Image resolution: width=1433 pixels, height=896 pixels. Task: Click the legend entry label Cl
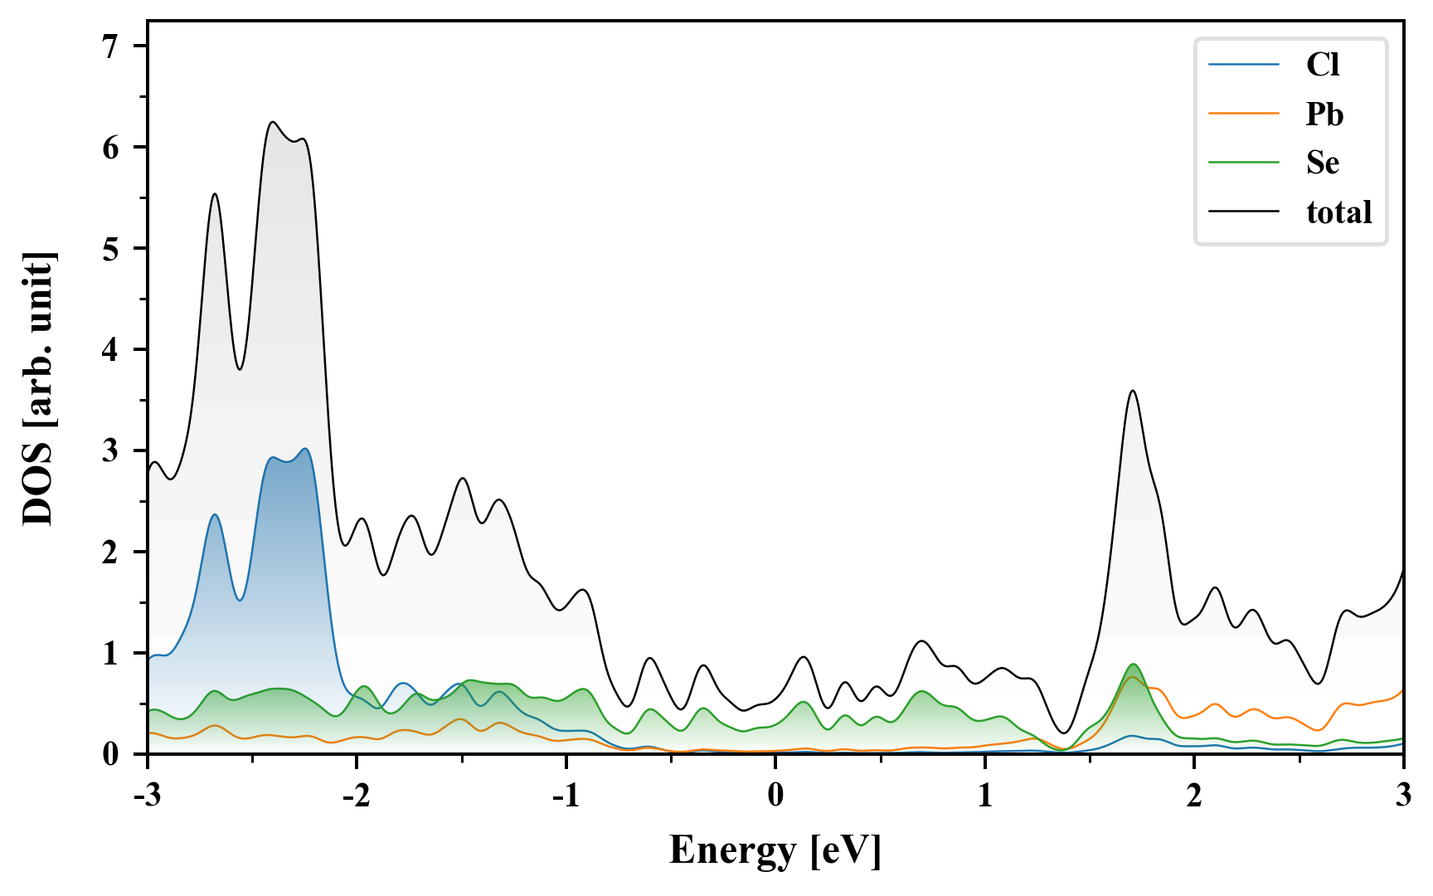point(1322,65)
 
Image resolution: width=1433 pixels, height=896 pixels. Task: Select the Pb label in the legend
point(1324,114)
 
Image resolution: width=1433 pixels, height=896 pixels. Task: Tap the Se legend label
point(1322,163)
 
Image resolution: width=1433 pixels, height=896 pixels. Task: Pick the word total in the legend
point(1338,212)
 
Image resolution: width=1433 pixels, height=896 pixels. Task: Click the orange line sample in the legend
point(1243,114)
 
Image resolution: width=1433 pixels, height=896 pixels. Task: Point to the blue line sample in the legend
point(1243,65)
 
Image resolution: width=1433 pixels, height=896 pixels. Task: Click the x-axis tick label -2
point(356,796)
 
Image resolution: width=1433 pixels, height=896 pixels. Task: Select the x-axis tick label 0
point(775,796)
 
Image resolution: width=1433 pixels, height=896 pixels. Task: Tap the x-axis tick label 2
point(1193,796)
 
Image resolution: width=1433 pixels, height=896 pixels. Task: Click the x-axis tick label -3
point(147,796)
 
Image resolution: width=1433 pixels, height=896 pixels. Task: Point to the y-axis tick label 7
point(111,46)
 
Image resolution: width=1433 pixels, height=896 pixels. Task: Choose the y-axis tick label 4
point(111,350)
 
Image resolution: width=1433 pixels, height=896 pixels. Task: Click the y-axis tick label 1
point(111,654)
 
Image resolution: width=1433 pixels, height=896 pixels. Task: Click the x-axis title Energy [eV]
point(775,850)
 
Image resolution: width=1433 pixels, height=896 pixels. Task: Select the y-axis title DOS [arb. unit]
point(38,388)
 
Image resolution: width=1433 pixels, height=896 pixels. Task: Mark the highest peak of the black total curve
point(272,122)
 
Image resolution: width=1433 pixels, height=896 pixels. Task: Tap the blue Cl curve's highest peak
point(305,449)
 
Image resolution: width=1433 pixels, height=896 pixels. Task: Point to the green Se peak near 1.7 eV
point(1133,665)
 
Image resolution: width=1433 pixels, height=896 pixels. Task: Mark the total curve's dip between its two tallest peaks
point(240,369)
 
